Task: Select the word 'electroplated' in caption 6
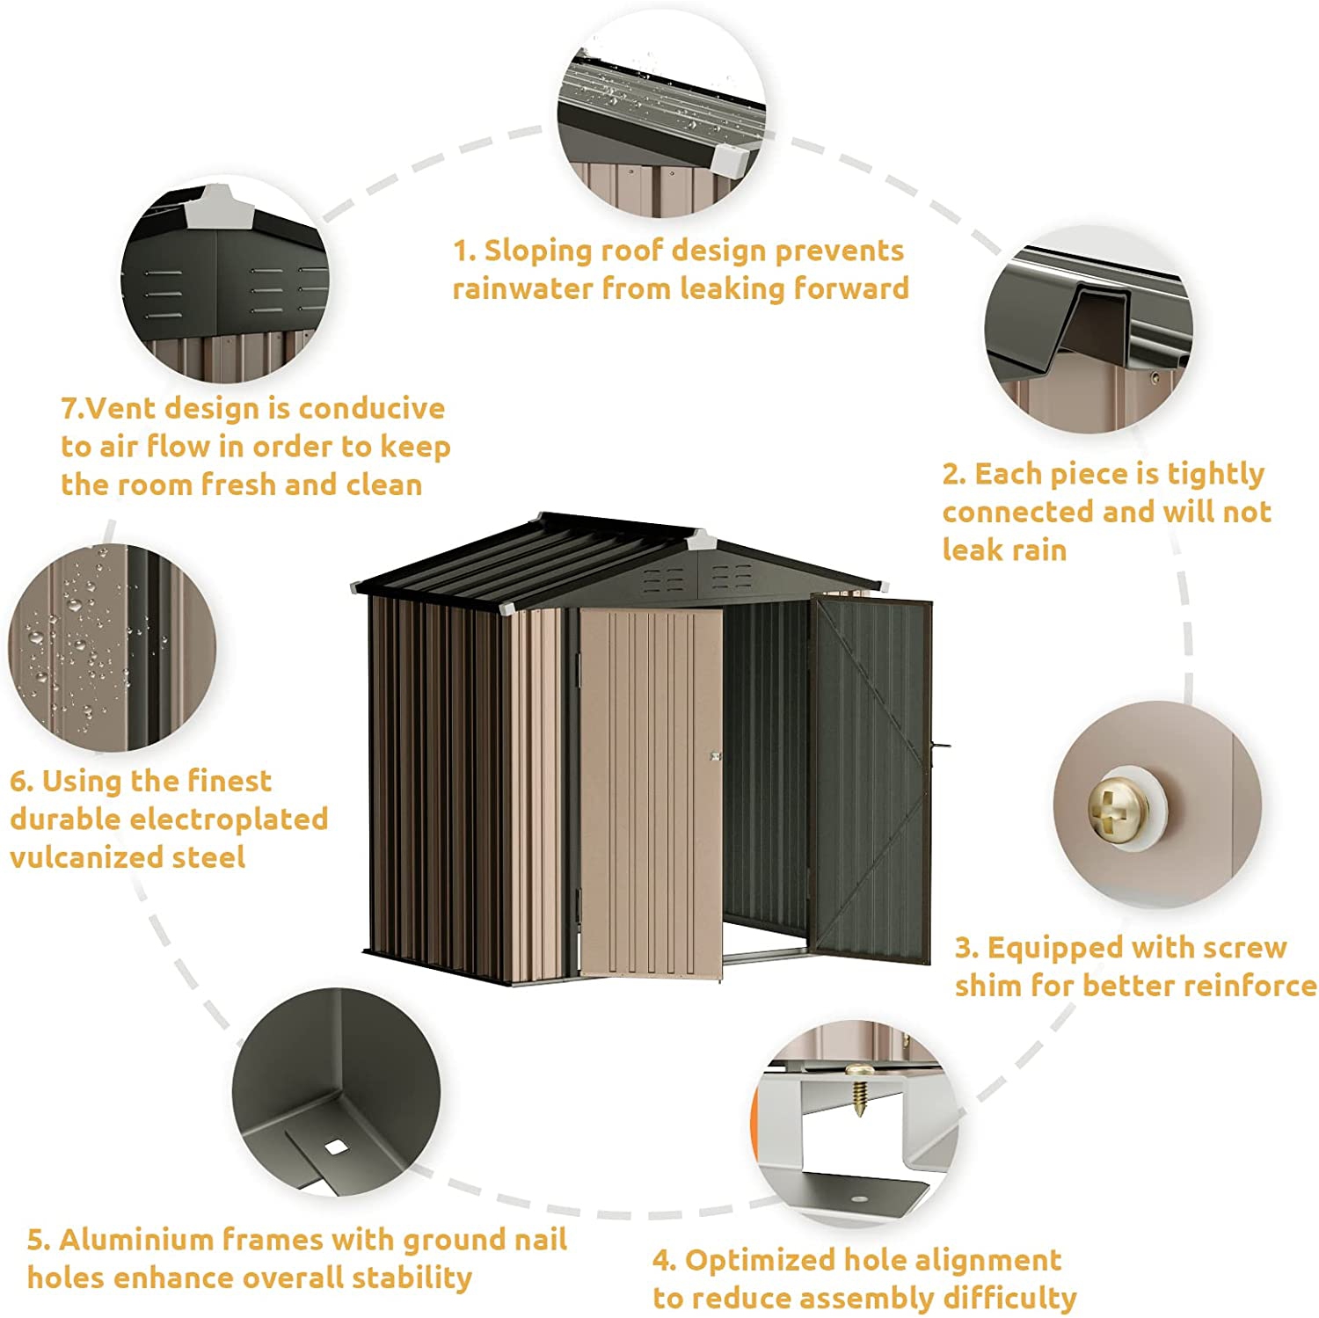tap(229, 819)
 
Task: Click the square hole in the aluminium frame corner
tap(335, 1147)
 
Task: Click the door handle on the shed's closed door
tap(715, 755)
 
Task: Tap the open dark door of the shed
tap(871, 778)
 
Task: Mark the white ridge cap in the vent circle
tap(216, 204)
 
